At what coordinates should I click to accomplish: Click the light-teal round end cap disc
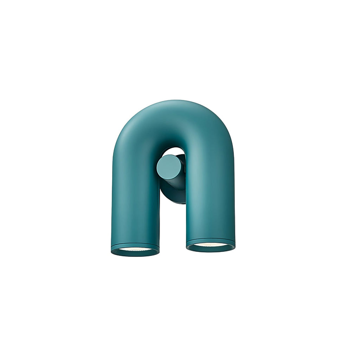[169, 167]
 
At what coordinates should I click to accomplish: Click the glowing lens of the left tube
[135, 249]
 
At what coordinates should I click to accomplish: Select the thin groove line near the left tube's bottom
[135, 244]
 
